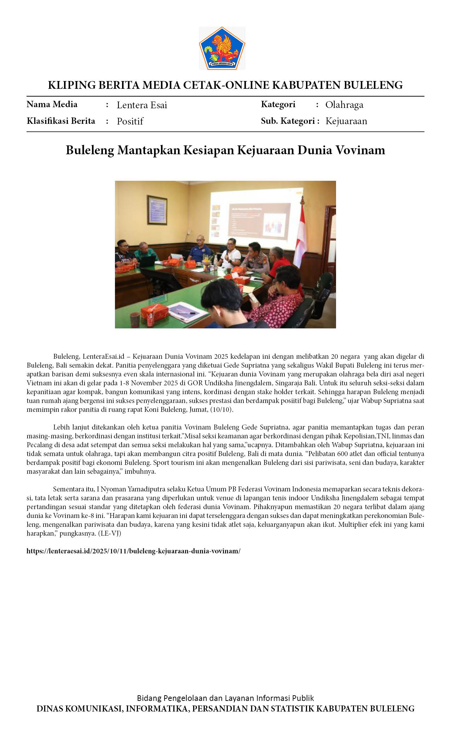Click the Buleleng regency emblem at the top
[x=222, y=48]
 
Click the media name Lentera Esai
[x=142, y=105]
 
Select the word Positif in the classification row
[x=130, y=121]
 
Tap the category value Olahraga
[x=344, y=105]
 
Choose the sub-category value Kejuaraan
[x=346, y=121]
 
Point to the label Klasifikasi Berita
[x=61, y=121]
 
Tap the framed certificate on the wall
[x=157, y=210]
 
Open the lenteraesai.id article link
[x=133, y=551]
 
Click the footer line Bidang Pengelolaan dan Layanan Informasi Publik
[x=225, y=698]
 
